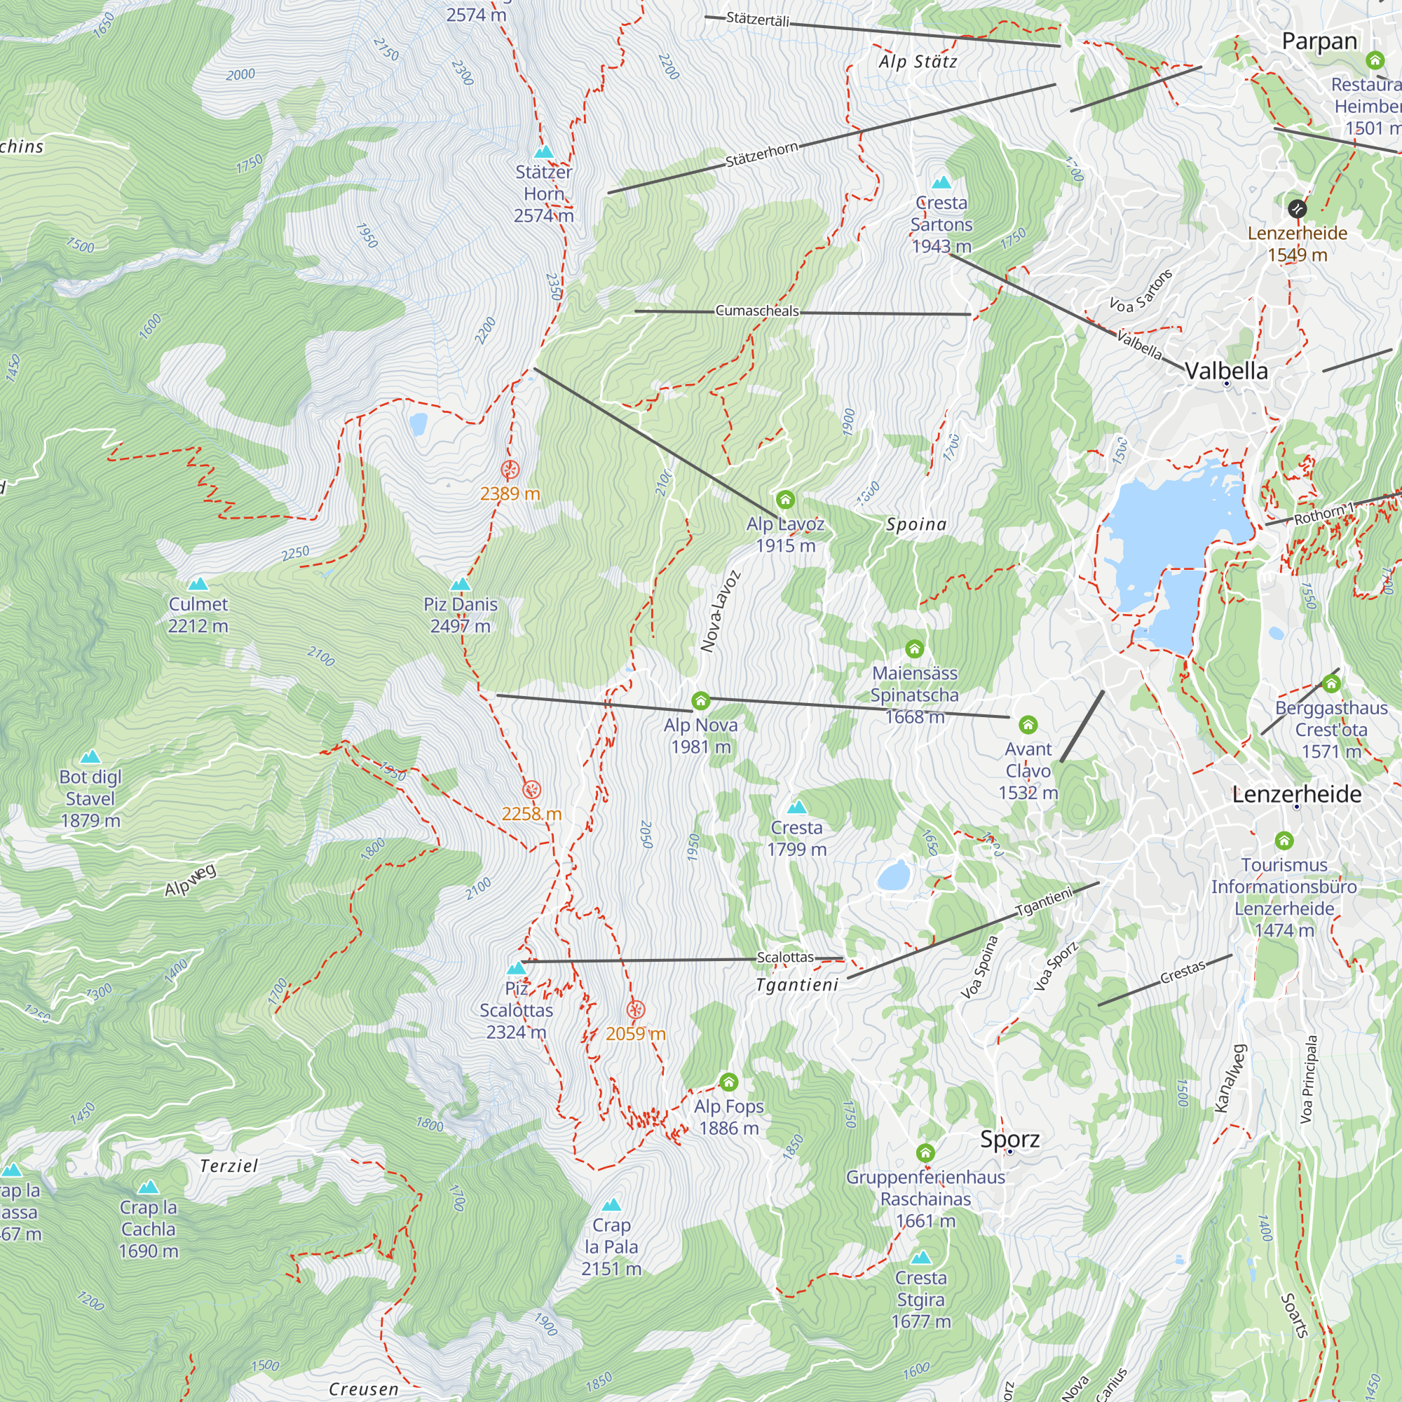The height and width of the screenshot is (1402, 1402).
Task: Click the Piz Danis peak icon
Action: click(x=460, y=584)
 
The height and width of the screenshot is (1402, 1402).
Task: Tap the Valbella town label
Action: click(x=1226, y=371)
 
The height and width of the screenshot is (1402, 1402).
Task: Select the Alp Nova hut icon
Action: click(x=700, y=700)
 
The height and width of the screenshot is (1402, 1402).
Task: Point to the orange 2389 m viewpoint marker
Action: click(x=510, y=470)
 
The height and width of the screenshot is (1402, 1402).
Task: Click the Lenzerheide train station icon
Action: click(x=1297, y=209)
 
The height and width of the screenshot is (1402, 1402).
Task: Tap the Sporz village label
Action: click(x=1009, y=1138)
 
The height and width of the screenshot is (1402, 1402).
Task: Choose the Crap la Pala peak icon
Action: click(x=611, y=1205)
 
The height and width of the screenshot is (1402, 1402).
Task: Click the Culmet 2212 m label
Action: click(x=198, y=615)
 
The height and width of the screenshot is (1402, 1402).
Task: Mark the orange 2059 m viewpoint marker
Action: click(x=636, y=1009)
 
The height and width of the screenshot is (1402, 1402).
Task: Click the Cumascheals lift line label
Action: click(x=757, y=311)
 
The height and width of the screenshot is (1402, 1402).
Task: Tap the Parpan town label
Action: click(x=1319, y=41)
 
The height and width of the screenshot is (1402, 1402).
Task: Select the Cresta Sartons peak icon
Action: click(x=941, y=182)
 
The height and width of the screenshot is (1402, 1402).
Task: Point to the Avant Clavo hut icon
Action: click(x=1028, y=724)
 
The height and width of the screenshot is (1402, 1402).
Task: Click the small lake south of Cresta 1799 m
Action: click(x=893, y=876)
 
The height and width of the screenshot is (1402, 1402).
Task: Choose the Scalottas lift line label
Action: click(x=785, y=957)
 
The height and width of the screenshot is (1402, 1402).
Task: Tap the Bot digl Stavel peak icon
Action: click(x=90, y=757)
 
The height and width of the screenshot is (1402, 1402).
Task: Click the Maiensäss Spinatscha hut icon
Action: click(x=914, y=648)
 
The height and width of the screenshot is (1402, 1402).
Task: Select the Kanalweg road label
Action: click(x=1232, y=1077)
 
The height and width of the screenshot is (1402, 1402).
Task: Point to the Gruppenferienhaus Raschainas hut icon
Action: click(x=925, y=1152)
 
